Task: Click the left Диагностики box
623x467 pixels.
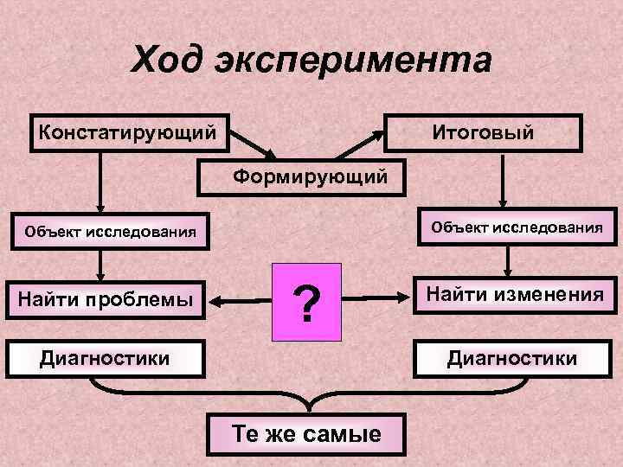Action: click(105, 358)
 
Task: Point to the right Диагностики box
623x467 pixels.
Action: click(511, 358)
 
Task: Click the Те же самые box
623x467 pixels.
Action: click(306, 433)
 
